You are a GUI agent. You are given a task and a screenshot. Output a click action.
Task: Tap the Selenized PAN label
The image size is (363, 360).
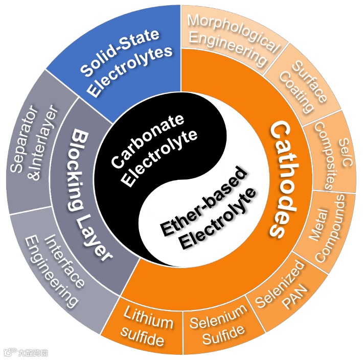coord(286,286)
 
